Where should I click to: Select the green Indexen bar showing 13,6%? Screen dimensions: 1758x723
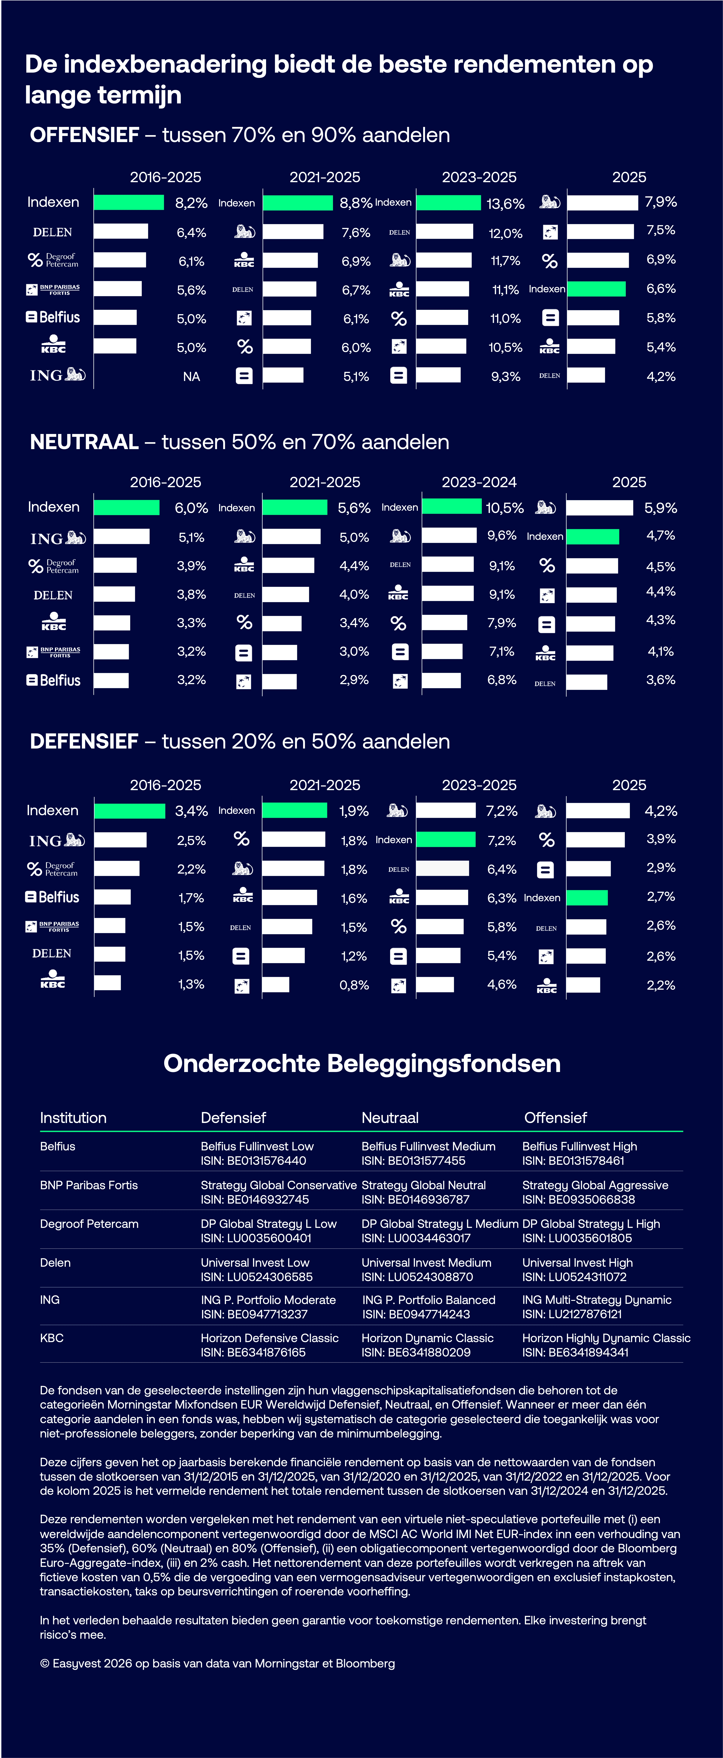point(449,203)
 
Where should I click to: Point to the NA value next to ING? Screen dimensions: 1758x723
point(191,377)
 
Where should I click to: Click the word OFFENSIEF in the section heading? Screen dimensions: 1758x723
point(85,135)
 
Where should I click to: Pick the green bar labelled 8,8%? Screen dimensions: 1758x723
point(298,203)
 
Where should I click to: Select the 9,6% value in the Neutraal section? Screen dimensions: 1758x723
point(502,536)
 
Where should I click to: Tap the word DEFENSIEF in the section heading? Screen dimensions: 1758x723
point(84,742)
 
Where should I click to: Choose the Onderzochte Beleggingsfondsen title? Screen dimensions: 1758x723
point(362,1063)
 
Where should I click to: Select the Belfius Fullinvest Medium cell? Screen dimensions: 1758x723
point(428,1146)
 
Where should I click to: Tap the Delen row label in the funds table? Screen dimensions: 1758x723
point(55,1263)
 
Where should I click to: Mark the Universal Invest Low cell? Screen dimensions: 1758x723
point(255,1263)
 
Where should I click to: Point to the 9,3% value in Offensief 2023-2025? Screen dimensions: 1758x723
point(505,377)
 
